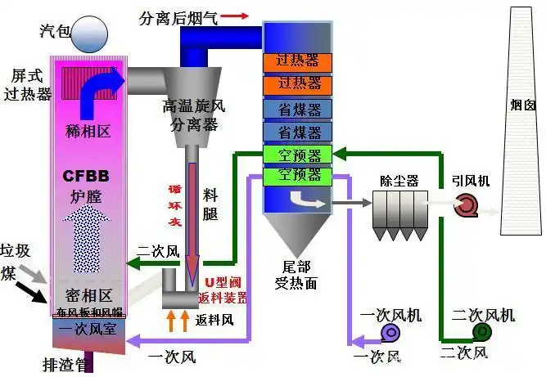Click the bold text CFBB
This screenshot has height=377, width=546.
click(86, 176)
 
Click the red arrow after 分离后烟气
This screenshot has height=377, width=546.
click(235, 16)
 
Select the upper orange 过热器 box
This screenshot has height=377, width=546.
click(297, 61)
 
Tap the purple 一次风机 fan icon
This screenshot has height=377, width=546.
click(390, 331)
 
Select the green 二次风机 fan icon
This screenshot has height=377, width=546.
click(481, 331)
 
